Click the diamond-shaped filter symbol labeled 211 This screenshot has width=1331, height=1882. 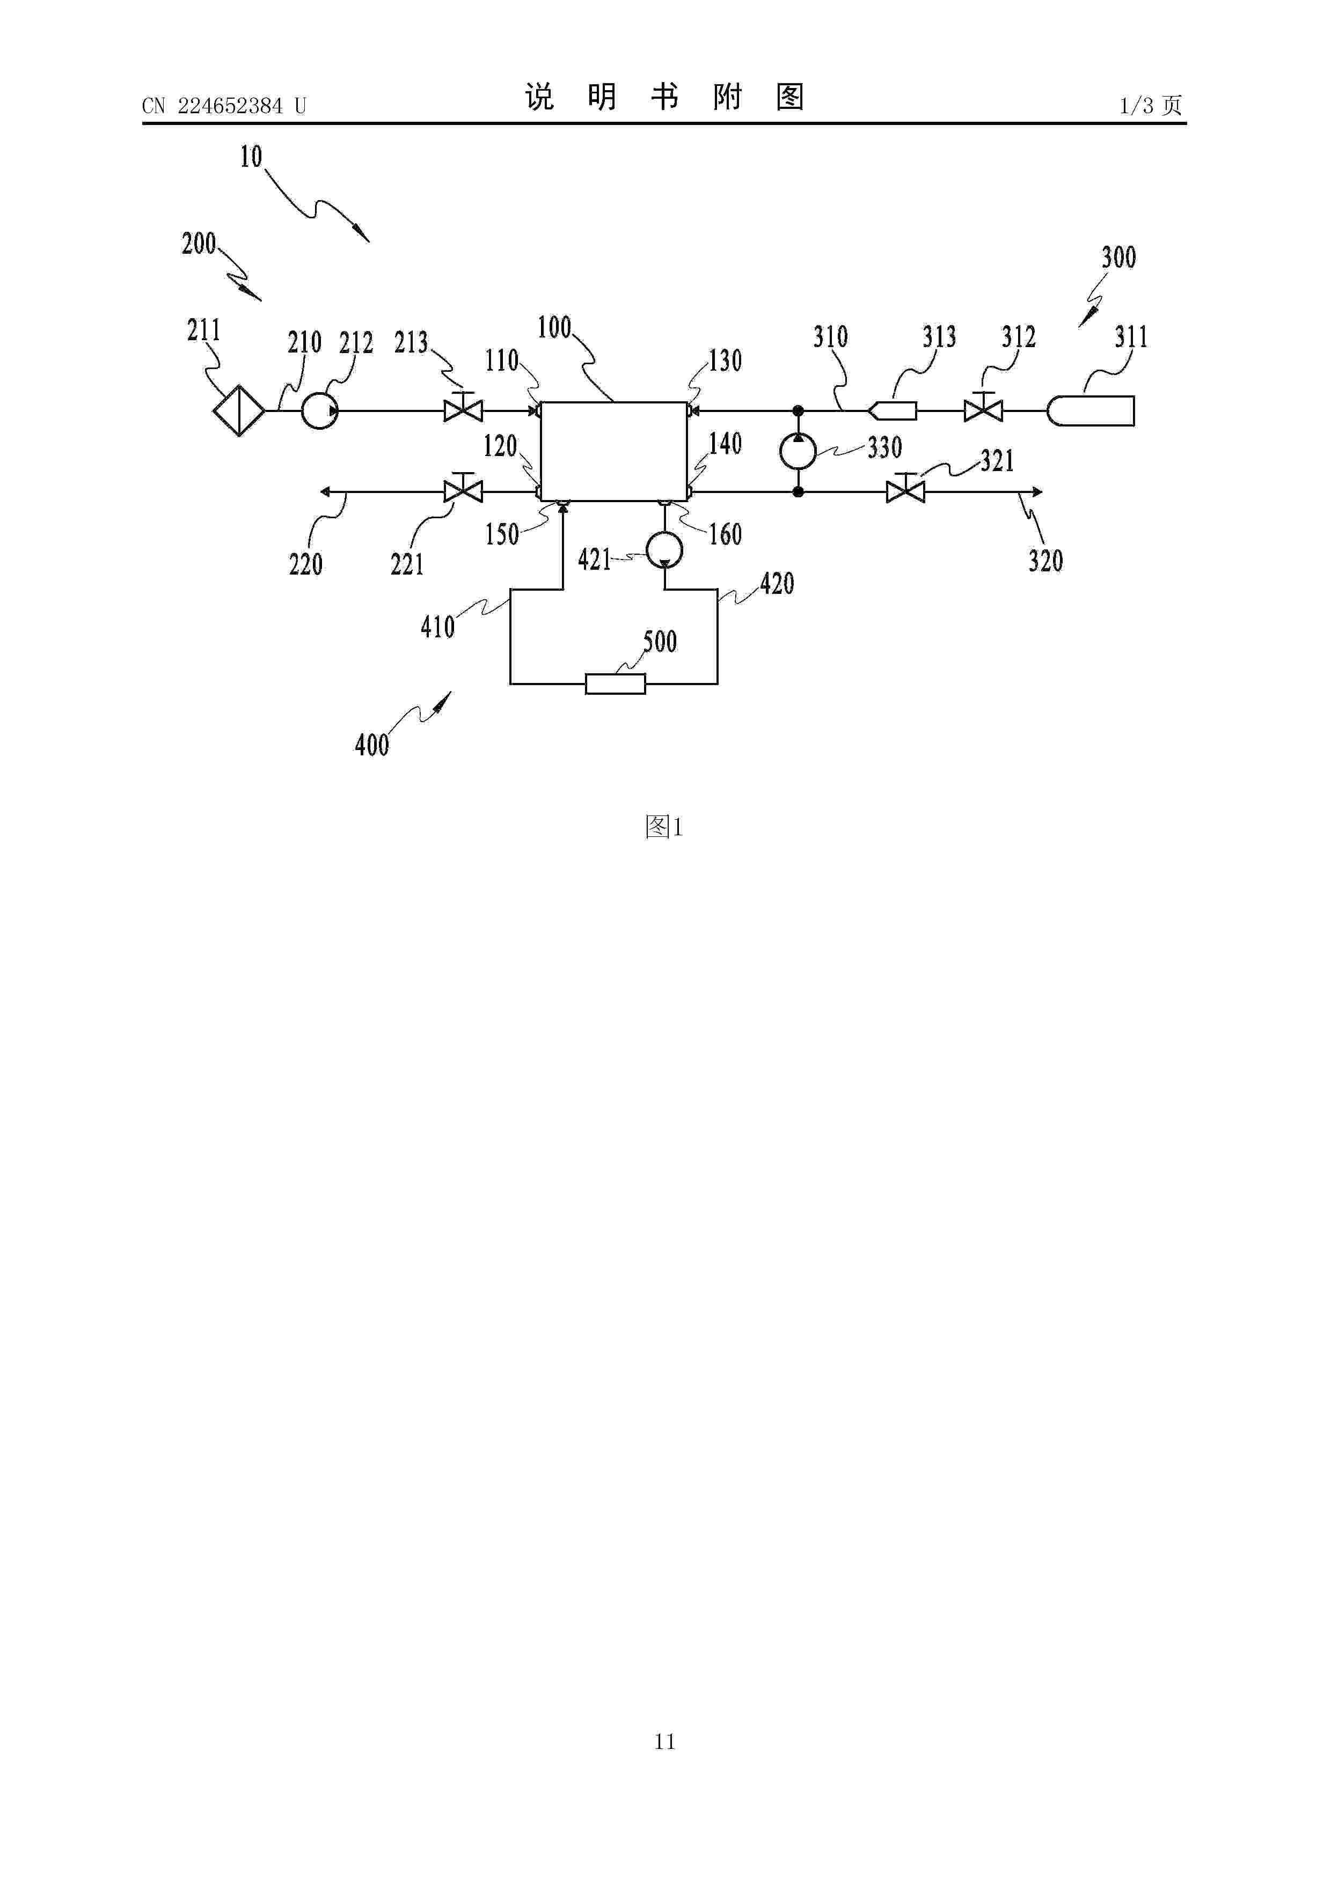coord(239,410)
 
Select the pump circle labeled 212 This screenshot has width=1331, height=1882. coord(319,410)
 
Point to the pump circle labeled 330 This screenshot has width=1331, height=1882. coord(798,451)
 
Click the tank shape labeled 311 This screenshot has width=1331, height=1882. coord(1091,410)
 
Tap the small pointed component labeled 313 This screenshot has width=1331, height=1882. coord(893,410)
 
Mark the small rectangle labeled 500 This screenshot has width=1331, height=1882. coord(615,683)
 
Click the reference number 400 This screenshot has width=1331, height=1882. coord(371,744)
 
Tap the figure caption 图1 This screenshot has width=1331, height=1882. coord(664,827)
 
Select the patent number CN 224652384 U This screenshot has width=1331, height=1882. coord(224,106)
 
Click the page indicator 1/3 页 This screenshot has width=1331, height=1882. coord(1151,105)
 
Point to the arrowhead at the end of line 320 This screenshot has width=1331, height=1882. coord(1037,492)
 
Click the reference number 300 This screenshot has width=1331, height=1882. coord(1118,258)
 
